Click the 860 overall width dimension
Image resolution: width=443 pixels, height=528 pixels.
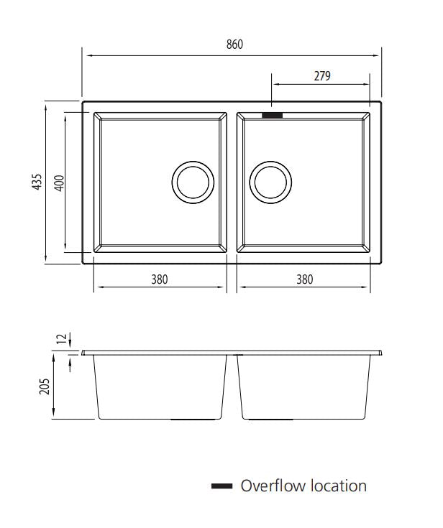[x=234, y=45]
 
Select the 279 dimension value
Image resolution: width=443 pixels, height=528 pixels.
[x=321, y=76]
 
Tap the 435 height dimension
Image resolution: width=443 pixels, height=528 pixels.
[x=37, y=182]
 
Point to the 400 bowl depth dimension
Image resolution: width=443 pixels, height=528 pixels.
[x=60, y=182]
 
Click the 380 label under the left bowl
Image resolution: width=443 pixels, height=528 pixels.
[x=159, y=279]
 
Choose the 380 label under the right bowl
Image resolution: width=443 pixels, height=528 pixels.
[x=304, y=279]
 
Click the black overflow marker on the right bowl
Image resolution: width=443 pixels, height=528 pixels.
[x=273, y=114]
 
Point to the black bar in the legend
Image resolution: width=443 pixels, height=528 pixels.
[x=221, y=487]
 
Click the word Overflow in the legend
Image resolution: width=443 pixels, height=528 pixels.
[x=273, y=486]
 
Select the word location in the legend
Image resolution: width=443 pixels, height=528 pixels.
[x=339, y=486]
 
